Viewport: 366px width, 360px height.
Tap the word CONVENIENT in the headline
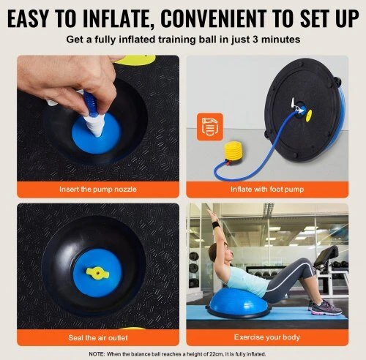pyautogui.click(x=214, y=18)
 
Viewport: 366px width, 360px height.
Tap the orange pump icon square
pyautogui.click(x=210, y=127)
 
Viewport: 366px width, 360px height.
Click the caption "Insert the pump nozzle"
pyautogui.click(x=98, y=190)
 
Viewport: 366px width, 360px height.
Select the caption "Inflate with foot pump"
pyautogui.click(x=267, y=190)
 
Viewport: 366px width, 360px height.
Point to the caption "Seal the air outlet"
pyautogui.click(x=98, y=337)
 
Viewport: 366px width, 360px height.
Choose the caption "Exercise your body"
pyautogui.click(x=267, y=337)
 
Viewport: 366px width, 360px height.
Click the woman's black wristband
pyautogui.click(x=216, y=225)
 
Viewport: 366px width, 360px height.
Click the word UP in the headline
pyautogui.click(x=347, y=18)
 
